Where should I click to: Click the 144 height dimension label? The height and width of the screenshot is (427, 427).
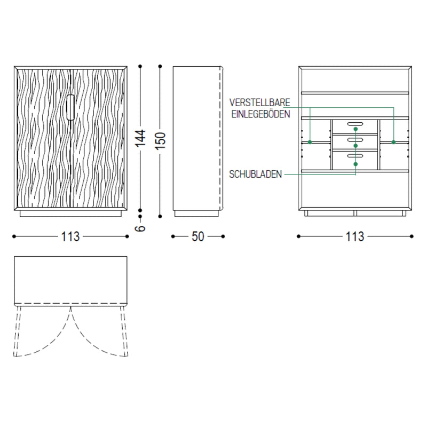point(141,138)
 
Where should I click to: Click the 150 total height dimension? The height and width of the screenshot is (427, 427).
point(161,140)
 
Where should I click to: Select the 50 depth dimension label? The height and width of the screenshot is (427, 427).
point(197,236)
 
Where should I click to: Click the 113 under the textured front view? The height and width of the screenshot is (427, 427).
point(70,236)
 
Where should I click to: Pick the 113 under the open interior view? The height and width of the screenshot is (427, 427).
point(355,236)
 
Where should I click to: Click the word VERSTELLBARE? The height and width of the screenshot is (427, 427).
point(259,102)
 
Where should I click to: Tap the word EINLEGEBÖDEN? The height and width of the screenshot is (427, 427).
point(260,114)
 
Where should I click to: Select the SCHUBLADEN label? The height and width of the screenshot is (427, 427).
point(256,175)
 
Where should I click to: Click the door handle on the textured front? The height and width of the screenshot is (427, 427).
point(70,107)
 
